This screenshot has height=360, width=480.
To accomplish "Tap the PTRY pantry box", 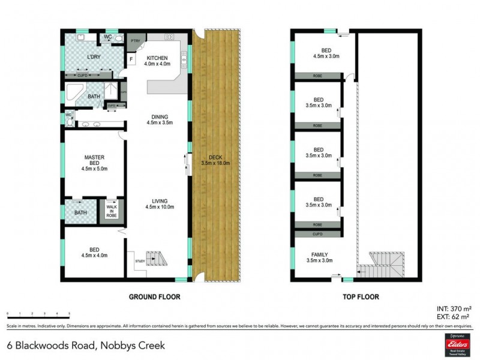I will pyautogui.click(x=136, y=41).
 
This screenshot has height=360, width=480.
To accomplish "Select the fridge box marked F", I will pyautogui.click(x=131, y=60).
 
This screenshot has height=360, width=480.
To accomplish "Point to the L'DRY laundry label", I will pyautogui.click(x=93, y=56).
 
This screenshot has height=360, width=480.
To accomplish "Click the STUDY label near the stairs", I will pyautogui.click(x=139, y=261).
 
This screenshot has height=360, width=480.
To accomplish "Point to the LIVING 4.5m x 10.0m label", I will pyautogui.click(x=159, y=205).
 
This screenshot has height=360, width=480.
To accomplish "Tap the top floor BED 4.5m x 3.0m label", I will pyautogui.click(x=318, y=54).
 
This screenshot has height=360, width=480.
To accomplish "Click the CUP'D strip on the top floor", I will pyautogui.click(x=317, y=233).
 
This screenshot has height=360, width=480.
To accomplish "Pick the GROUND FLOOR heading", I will pyautogui.click(x=155, y=296).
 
